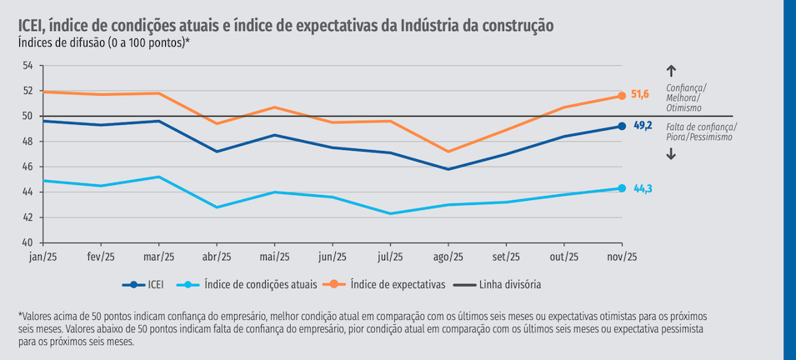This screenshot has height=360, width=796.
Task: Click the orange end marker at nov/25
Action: [622, 96]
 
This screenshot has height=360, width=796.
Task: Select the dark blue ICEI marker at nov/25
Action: [622, 126]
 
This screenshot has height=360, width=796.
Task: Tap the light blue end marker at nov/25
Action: [622, 188]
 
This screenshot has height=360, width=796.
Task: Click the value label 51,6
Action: [640, 95]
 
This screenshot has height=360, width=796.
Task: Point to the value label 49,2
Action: [643, 126]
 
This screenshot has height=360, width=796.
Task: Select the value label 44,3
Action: [643, 189]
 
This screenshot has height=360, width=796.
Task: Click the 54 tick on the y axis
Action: [28, 66]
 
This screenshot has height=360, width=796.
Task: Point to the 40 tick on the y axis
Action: [28, 242]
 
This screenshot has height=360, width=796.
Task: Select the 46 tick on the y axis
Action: [28, 167]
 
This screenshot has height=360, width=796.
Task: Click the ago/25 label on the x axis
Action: [448, 257]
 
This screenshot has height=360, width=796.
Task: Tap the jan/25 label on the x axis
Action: [43, 257]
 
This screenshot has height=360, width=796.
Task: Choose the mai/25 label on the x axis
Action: [274, 257]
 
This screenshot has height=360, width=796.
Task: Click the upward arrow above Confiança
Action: [671, 72]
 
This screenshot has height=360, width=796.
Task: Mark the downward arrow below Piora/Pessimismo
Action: [671, 153]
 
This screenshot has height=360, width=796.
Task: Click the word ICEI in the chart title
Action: [33, 25]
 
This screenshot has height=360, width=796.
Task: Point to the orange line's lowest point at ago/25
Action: [448, 152]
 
